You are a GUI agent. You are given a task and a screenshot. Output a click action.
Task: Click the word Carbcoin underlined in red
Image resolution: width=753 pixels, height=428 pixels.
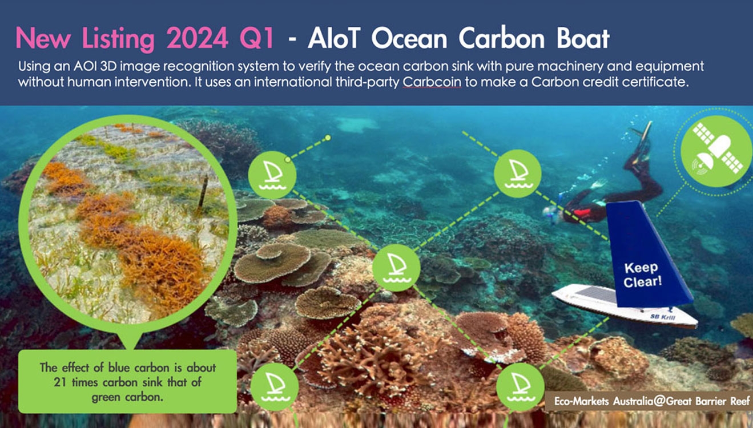coord(432,82)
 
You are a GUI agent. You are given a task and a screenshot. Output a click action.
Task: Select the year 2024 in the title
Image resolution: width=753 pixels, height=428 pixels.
coord(197,38)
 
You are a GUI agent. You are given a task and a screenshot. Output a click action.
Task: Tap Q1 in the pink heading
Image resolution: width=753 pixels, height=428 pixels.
coord(257,38)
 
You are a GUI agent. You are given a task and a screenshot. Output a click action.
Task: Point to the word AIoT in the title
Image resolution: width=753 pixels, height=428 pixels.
coord(334,38)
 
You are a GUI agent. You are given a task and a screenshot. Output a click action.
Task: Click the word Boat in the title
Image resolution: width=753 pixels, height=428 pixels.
coord(583,38)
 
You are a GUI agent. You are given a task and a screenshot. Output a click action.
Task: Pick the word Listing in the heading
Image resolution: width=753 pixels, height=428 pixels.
coord(118,39)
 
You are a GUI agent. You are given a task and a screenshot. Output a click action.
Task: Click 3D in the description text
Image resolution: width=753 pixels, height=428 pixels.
coord(108,66)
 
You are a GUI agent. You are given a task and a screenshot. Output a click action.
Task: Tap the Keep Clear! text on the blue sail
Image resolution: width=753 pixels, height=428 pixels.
coord(642,275)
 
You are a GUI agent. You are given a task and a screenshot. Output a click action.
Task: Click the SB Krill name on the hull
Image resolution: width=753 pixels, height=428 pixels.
coord(663,317)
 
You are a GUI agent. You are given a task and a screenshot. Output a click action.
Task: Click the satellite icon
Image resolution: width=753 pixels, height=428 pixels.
coord(716,151)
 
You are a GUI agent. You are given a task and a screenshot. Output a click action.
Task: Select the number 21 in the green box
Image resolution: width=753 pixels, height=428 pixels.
coord(60,382)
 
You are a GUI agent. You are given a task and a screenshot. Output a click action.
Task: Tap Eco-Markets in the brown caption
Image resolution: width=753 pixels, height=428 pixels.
coord(581,401)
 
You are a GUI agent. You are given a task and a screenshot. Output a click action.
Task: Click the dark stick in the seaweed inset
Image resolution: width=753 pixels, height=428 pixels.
coord(203,192)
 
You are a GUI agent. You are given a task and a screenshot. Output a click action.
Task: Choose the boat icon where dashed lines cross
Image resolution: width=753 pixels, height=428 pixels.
coord(396,268)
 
